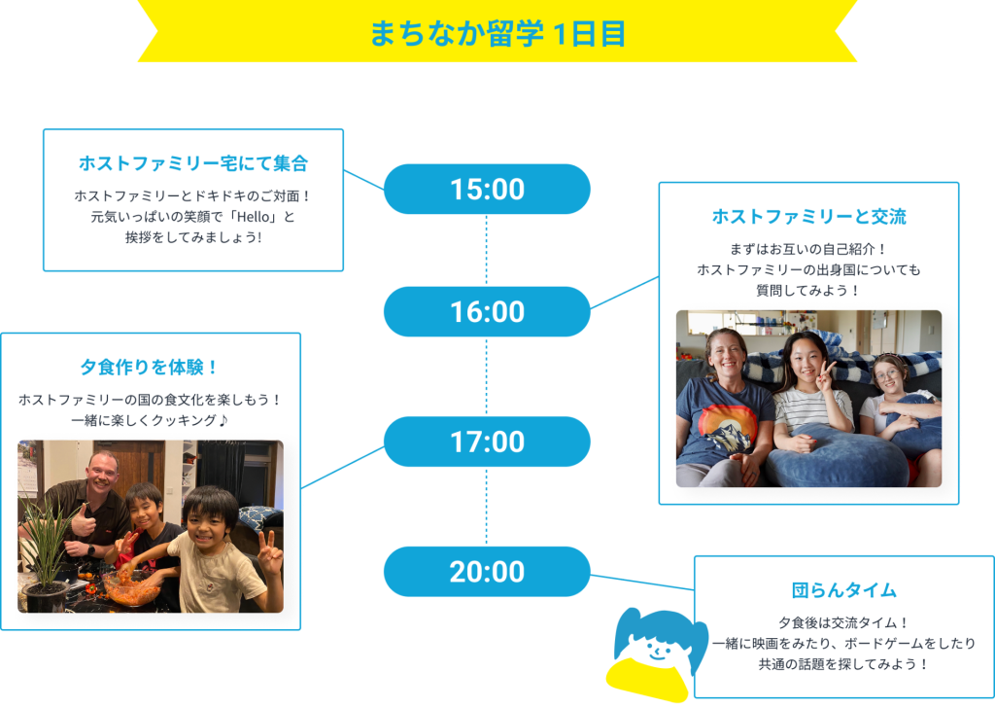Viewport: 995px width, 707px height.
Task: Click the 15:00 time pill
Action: click(x=487, y=190)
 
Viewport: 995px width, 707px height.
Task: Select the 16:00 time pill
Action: click(x=487, y=312)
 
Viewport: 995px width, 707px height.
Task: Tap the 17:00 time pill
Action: click(x=487, y=442)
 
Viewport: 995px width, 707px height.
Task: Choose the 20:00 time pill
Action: click(x=487, y=572)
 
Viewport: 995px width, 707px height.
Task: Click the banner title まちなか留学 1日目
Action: click(x=497, y=34)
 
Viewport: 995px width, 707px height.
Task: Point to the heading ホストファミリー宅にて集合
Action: click(x=193, y=163)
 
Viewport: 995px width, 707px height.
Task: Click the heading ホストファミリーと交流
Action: click(x=809, y=217)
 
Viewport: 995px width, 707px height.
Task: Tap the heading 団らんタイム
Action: click(x=844, y=590)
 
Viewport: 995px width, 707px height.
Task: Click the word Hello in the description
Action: click(x=254, y=217)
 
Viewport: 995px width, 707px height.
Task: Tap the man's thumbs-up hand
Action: click(x=84, y=521)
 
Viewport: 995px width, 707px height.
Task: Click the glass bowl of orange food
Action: click(x=131, y=587)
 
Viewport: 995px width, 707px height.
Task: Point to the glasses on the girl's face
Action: click(x=886, y=374)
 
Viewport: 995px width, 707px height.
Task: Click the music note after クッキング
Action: click(x=223, y=420)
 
